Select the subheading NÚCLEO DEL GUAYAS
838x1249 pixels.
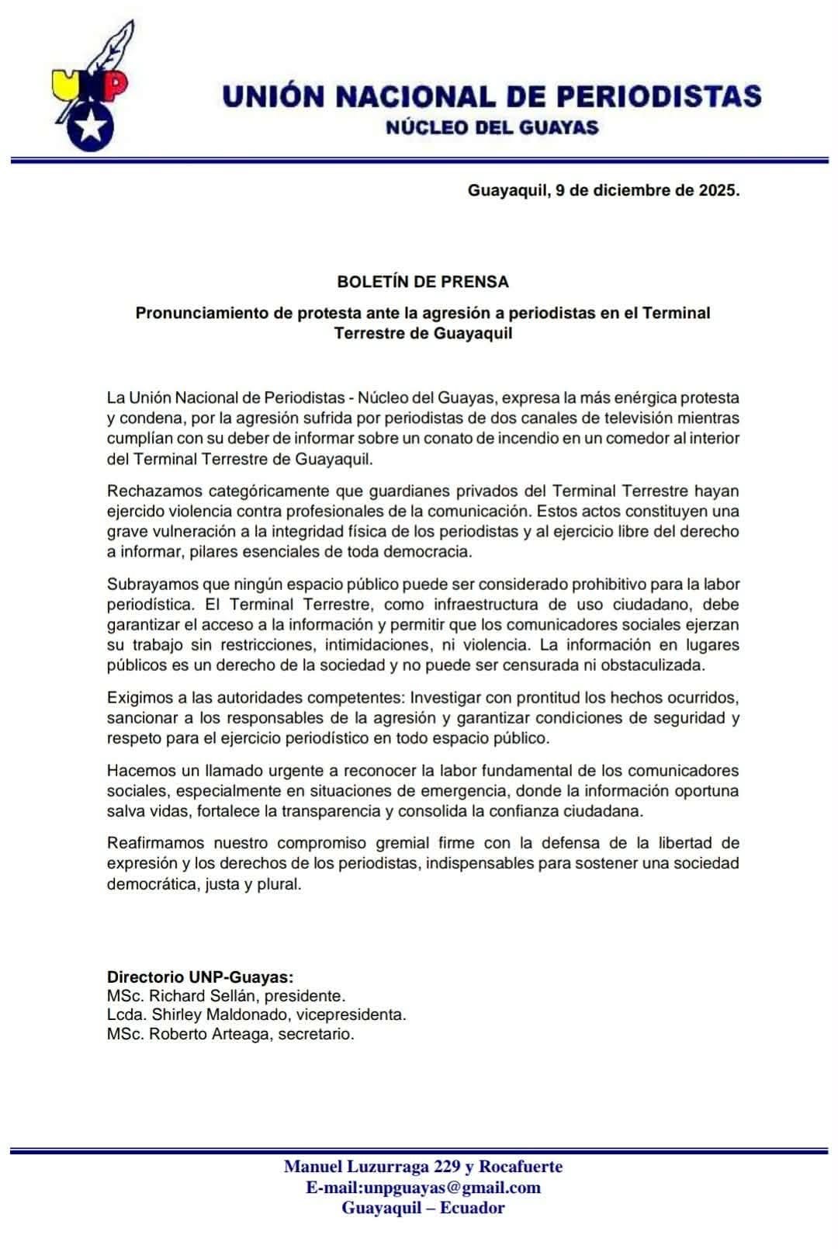(491, 128)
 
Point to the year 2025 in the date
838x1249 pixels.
(717, 189)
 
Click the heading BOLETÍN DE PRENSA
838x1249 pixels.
(423, 281)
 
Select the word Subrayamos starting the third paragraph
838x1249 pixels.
(152, 584)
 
